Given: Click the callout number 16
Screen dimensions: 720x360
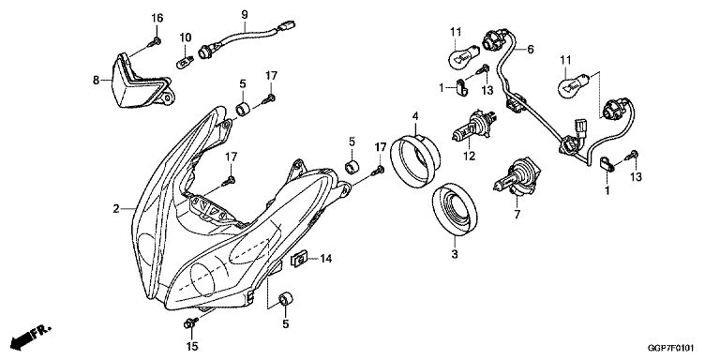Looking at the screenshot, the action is click(x=157, y=19).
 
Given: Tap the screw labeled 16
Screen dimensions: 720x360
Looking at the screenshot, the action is click(x=155, y=43).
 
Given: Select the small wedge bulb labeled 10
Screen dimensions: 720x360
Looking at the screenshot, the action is click(x=185, y=62).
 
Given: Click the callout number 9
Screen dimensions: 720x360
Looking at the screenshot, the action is click(x=245, y=14).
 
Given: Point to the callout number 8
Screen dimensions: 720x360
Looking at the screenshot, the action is click(x=96, y=81).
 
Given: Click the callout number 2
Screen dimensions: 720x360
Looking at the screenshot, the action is click(x=116, y=209).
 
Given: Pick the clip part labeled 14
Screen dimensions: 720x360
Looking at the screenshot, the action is click(x=299, y=261).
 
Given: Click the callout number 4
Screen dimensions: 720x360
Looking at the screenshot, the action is click(x=415, y=115).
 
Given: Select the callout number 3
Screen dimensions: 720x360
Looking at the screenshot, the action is click(x=454, y=254).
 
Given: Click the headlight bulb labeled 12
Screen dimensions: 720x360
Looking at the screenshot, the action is click(x=473, y=127).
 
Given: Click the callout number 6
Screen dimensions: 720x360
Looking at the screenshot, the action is click(x=531, y=49).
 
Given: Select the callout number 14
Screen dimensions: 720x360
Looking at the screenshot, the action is click(x=325, y=259).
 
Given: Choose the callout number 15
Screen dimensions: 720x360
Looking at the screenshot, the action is click(x=193, y=346).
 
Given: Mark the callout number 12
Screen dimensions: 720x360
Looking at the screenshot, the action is click(x=469, y=157).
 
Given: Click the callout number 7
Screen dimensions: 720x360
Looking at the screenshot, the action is click(x=517, y=214).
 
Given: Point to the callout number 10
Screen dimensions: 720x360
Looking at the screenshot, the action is click(x=185, y=37).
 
